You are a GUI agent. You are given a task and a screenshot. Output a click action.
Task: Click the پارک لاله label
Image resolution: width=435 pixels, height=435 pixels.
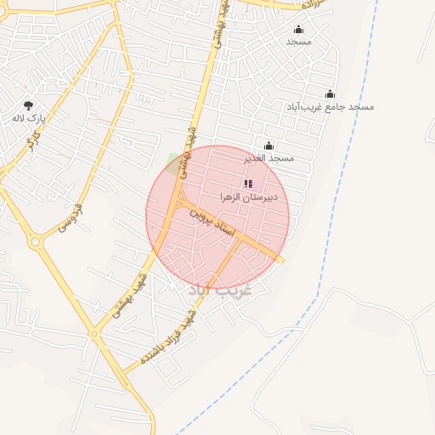click(28, 119)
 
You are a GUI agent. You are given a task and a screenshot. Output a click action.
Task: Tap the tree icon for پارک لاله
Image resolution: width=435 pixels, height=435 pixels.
click(28, 106)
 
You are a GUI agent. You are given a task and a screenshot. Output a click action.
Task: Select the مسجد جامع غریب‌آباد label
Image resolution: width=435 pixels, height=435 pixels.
click(337, 107)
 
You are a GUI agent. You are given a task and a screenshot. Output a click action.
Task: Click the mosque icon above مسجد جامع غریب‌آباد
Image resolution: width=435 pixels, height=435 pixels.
click(330, 94)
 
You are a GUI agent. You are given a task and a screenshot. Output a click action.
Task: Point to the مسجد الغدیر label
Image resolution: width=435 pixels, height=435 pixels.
click(268, 158)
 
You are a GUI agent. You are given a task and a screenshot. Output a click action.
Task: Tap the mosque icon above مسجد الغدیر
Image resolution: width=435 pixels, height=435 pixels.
click(268, 146)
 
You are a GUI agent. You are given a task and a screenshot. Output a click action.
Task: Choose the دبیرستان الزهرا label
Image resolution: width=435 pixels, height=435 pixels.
click(247, 196)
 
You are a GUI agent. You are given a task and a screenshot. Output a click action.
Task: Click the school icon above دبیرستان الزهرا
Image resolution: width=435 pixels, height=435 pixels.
click(247, 184)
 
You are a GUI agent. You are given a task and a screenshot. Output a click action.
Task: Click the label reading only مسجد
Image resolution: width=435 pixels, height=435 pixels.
click(299, 41)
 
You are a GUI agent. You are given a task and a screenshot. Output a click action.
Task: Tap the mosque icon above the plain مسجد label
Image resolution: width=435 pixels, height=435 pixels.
click(298, 29)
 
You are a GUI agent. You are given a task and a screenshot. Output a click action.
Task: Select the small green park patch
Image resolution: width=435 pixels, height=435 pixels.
click(176, 163)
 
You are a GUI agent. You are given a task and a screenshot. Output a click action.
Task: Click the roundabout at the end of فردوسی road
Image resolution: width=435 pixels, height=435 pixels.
click(36, 242)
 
